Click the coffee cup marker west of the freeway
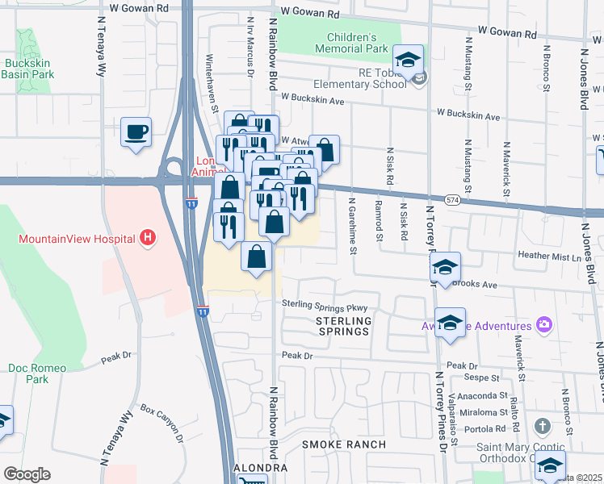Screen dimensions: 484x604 (x=136, y=131)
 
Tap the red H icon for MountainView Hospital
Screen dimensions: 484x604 (x=147, y=238)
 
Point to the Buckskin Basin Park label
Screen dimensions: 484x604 (x=27, y=68)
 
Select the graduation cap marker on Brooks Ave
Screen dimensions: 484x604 (x=445, y=266)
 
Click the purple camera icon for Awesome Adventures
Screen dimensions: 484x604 (x=544, y=325)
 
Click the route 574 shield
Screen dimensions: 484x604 (x=453, y=199)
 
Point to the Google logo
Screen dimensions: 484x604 (x=27, y=474)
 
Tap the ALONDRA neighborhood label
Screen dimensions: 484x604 (x=260, y=468)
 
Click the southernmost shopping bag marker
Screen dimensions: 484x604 (x=257, y=257)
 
